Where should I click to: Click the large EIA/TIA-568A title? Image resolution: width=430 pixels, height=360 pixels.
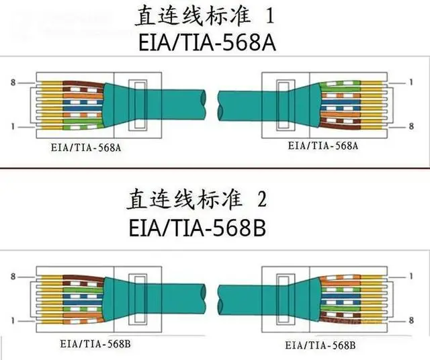207,42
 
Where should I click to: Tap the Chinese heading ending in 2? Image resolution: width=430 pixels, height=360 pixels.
196,199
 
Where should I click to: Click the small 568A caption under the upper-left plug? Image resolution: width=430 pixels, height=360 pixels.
86,148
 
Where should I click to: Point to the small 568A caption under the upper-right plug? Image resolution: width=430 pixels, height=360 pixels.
323,146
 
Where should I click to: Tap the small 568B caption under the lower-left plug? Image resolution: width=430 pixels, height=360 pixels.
95,344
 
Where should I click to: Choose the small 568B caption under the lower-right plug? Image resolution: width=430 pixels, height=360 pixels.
320,345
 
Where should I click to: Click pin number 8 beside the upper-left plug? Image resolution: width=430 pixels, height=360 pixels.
13,82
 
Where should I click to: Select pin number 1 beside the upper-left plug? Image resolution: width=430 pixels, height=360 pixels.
13,126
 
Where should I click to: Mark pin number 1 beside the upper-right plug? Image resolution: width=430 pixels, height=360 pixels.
411,82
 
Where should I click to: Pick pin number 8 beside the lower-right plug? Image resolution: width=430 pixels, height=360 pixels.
411,320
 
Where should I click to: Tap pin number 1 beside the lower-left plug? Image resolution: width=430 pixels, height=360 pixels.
13,320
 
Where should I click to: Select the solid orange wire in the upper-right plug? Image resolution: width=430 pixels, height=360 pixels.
341,114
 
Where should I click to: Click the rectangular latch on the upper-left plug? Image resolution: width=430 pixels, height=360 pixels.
138,105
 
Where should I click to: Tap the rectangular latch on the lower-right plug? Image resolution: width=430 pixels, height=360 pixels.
286,300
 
